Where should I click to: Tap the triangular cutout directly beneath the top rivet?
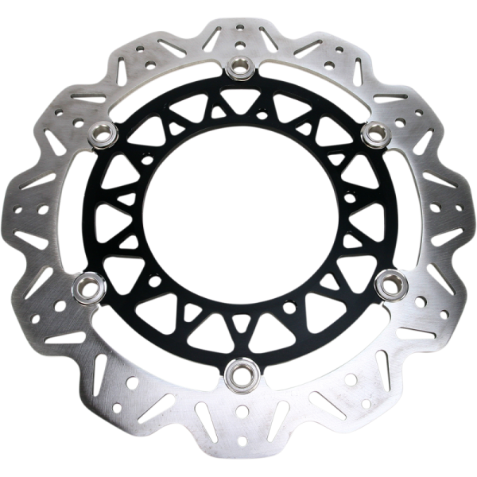coord(238,99)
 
